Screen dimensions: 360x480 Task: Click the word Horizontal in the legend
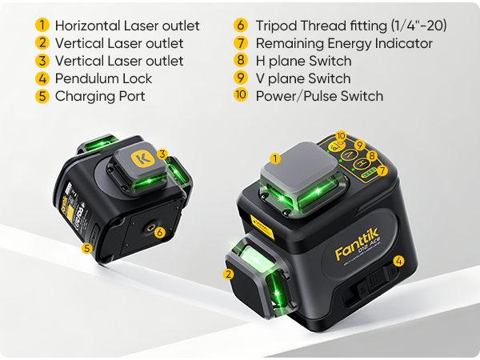pos(87,26)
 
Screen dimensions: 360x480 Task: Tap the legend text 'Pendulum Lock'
pos(103,78)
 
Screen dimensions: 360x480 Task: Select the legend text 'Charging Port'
pos(100,96)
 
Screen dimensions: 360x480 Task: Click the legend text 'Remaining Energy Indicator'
pos(344,43)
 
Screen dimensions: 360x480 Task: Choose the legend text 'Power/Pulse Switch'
pos(319,96)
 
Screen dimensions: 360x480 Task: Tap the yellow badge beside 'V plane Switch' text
pos(241,78)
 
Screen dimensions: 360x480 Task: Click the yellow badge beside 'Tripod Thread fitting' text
pos(241,26)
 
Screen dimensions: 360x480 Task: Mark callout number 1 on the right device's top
pos(276,158)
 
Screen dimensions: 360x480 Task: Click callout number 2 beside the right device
pos(229,274)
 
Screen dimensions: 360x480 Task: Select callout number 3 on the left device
pos(162,154)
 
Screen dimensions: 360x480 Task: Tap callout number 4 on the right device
pos(399,261)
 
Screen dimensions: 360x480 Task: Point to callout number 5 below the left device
pos(86,248)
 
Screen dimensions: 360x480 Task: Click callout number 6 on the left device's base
pos(160,233)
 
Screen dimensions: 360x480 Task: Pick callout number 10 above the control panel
pos(341,136)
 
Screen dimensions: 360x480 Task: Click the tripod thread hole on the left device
pos(149,228)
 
